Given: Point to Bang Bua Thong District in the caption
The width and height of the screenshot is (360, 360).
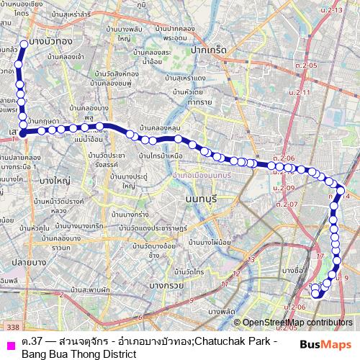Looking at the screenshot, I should tap(78, 354).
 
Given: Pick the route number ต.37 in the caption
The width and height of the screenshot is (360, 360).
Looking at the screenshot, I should tap(32, 340).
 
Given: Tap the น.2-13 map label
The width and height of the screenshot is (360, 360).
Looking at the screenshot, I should tap(333, 9).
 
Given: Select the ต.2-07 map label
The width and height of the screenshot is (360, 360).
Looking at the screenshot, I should tap(286, 204).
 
